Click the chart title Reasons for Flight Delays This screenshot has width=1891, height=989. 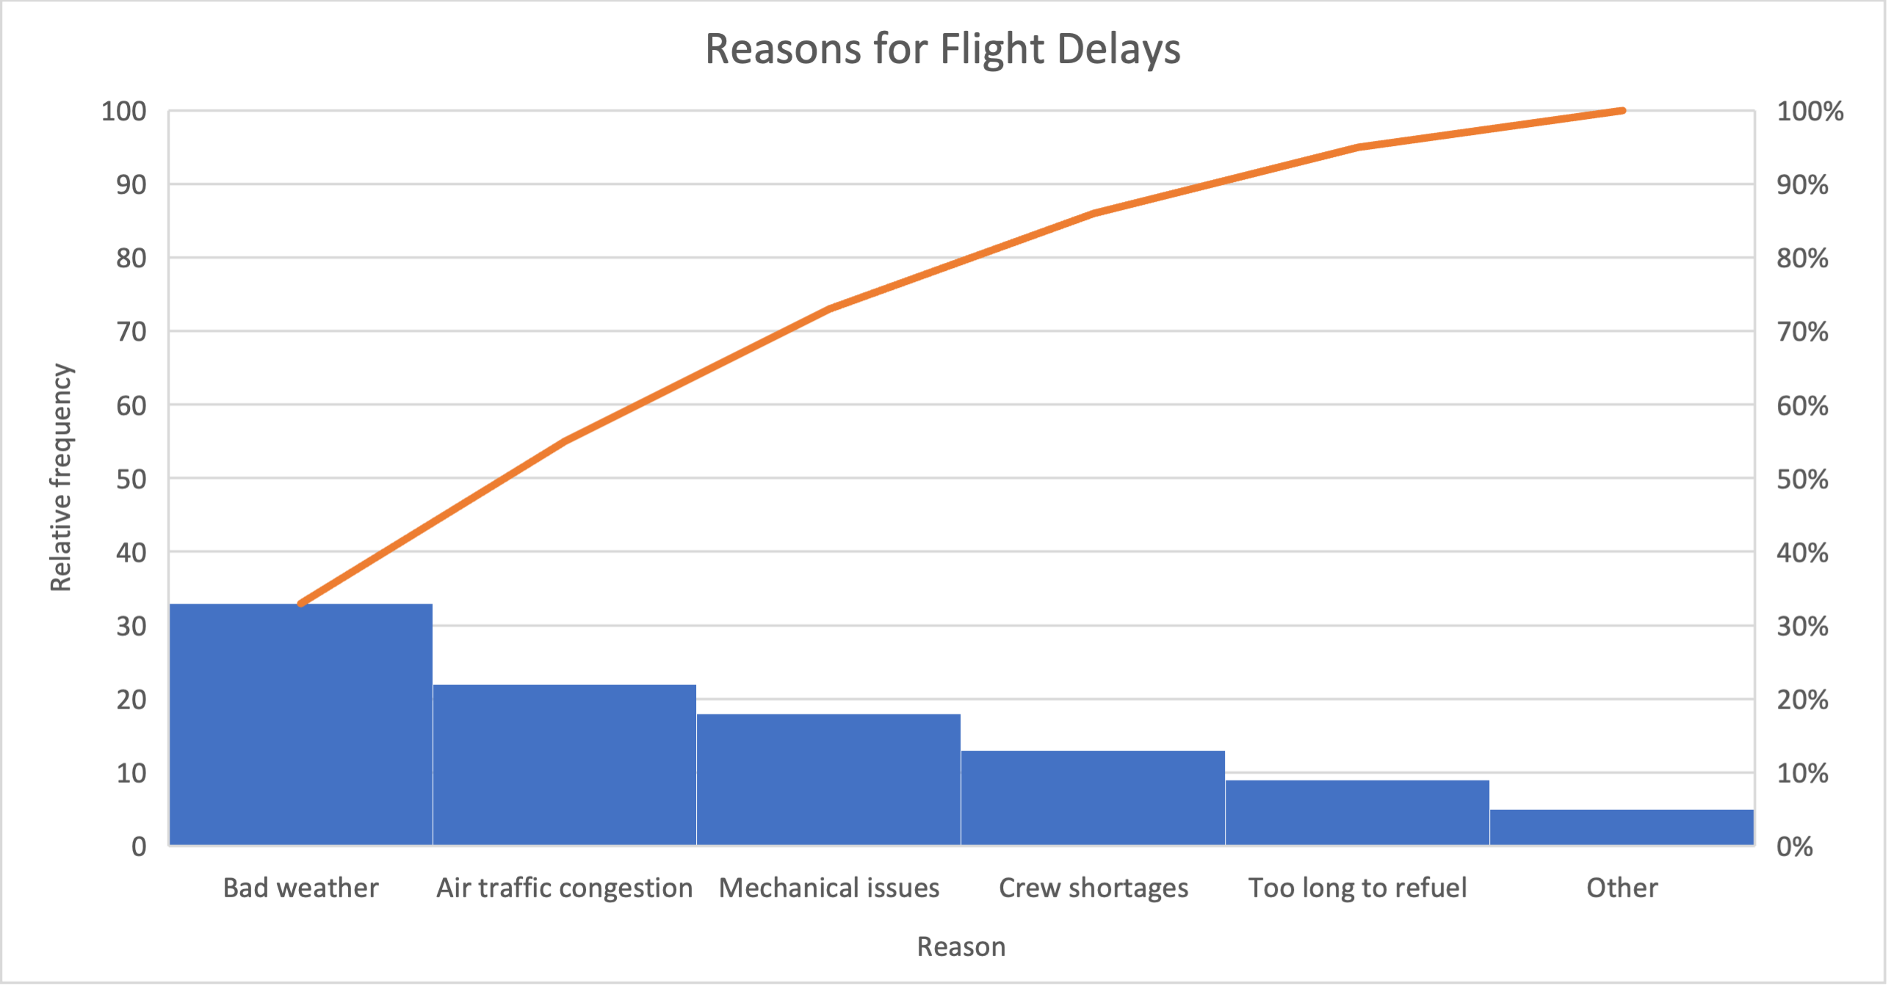(943, 49)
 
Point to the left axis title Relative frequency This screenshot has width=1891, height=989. (61, 477)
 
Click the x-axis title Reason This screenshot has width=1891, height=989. (961, 946)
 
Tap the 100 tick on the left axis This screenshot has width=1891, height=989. (123, 112)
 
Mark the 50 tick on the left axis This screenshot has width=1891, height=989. (131, 479)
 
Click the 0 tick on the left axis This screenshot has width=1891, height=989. (139, 847)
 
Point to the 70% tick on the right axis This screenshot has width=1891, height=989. (1802, 332)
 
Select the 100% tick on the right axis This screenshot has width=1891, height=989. (1809, 112)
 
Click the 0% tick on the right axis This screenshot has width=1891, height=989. (1794, 847)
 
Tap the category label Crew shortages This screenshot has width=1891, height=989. (1093, 888)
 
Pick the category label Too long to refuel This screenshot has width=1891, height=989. (1357, 888)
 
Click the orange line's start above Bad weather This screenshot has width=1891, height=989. (301, 604)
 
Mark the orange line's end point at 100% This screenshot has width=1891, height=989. (1622, 111)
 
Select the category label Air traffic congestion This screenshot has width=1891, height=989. (564, 888)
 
